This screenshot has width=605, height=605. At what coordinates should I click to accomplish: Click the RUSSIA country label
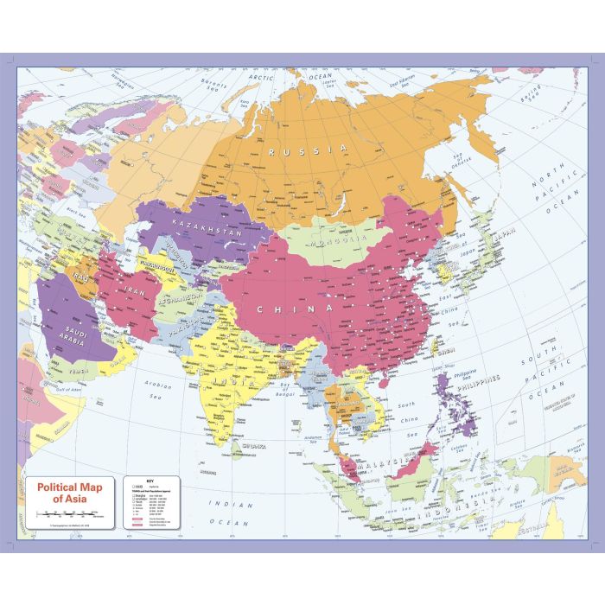click(x=308, y=150)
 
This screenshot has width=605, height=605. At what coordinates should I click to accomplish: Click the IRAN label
click(x=137, y=293)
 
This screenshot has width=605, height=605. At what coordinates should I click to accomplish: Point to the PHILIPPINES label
click(x=477, y=379)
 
